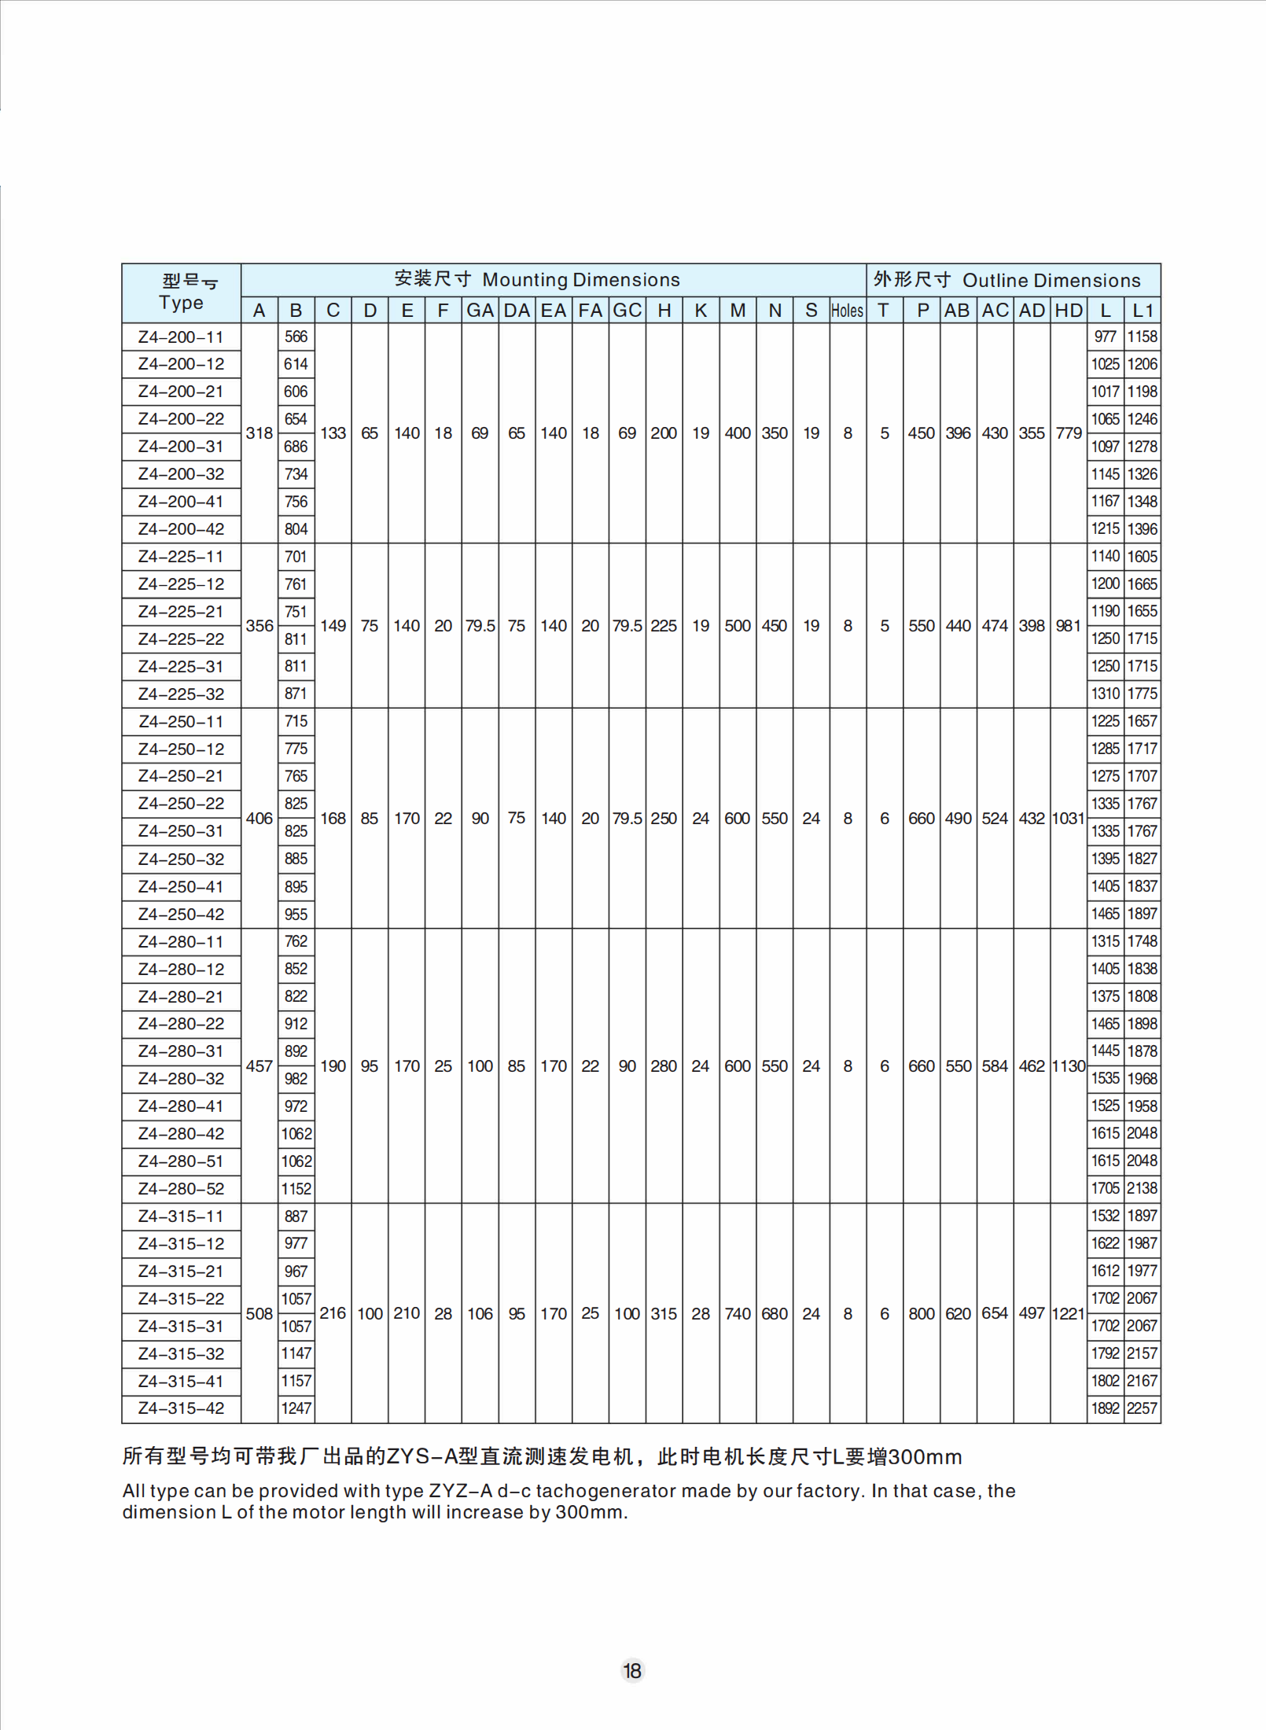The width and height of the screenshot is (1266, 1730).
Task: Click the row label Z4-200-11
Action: coord(181,337)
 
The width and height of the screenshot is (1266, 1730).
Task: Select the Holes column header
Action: coord(847,311)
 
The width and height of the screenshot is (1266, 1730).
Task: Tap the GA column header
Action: coord(480,311)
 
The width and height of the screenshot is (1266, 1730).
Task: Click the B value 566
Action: coord(296,337)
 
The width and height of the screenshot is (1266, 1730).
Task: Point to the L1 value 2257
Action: coord(1142,1408)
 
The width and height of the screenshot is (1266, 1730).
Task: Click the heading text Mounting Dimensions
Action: coord(580,280)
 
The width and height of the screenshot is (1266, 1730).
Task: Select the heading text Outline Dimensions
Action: coord(1051,281)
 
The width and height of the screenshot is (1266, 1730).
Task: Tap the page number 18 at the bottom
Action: coord(632,1670)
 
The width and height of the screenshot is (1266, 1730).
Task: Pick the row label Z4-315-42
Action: coord(181,1408)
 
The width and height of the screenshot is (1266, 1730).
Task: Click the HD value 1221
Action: coord(1068,1313)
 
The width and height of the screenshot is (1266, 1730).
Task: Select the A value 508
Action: coord(259,1313)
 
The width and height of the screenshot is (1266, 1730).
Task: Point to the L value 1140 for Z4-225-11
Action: coord(1105,556)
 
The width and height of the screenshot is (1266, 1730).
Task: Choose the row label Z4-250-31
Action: coord(181,831)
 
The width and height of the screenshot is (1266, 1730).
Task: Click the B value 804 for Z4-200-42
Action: coord(296,529)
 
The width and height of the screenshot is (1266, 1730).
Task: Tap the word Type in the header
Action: coord(181,303)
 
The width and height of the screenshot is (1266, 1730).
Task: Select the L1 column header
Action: coord(1142,311)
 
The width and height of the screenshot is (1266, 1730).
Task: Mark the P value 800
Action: coord(921,1313)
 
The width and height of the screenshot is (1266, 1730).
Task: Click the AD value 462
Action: coord(1031,1066)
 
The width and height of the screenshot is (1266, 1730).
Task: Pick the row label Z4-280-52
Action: coord(181,1189)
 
